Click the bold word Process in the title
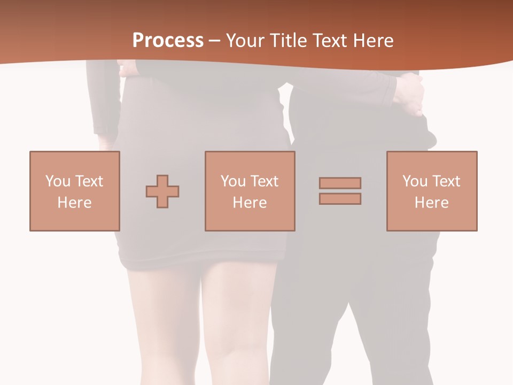tap(168, 41)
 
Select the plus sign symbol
tap(162, 191)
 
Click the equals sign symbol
tap(340, 191)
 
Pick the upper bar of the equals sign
tap(340, 183)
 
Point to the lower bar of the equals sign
tap(340, 198)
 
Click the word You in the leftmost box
tap(57, 181)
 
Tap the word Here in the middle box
tap(250, 203)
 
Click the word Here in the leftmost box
tap(75, 203)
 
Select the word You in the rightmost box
tap(414, 181)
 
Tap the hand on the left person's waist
tap(127, 68)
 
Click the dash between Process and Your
tap(214, 41)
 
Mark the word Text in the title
tap(328, 41)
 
